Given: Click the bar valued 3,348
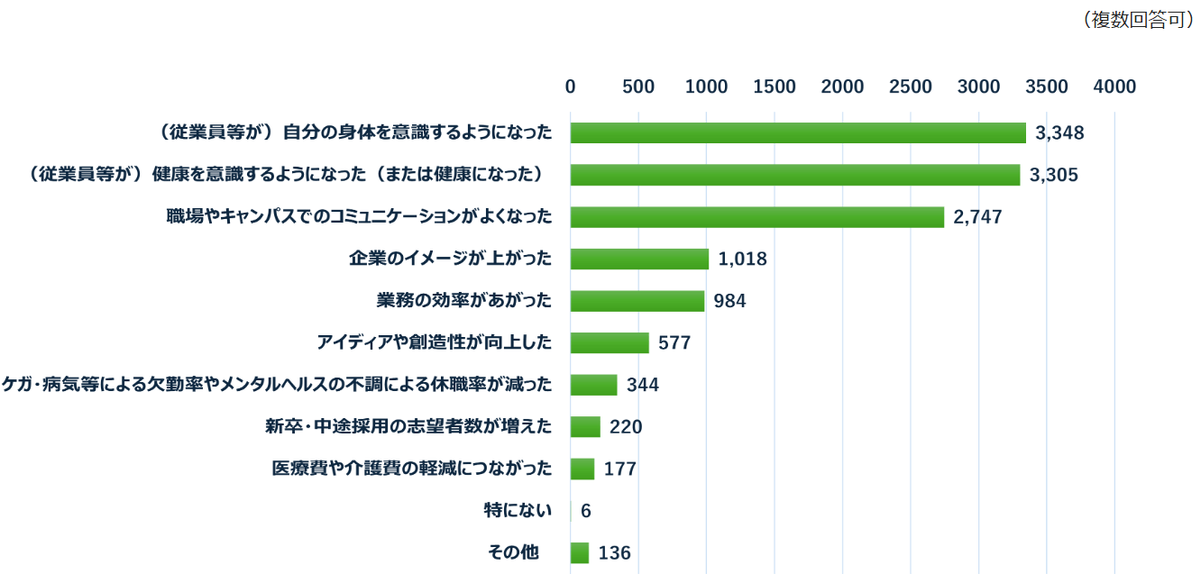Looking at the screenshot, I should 798,132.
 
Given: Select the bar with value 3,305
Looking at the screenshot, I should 794,175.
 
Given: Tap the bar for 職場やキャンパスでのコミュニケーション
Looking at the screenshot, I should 756,217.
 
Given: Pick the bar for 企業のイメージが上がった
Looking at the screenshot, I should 639,259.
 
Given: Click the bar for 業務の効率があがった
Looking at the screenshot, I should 637,301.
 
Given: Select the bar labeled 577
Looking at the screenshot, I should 610,343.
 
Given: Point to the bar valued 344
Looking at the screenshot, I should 593,385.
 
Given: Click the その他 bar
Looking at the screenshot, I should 579,552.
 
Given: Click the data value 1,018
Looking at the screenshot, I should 743,260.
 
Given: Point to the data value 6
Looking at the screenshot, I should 586,511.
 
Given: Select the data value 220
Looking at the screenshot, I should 626,427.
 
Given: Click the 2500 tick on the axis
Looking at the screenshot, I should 911,87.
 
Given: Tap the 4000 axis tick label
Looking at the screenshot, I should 1114,87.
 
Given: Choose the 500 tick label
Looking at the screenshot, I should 638,87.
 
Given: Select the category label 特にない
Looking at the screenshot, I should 518,511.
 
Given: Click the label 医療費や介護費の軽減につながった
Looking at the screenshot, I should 412,469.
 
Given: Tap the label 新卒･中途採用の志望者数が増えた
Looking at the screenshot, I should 408,427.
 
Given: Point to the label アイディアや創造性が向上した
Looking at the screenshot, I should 434,343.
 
